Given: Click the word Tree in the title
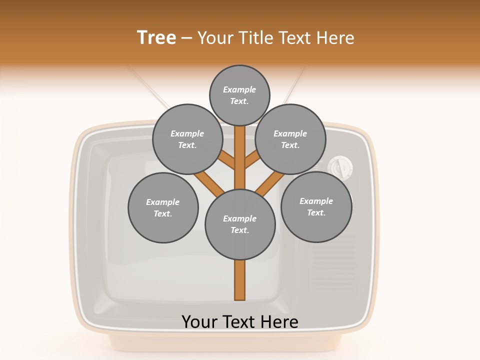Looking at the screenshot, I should coord(156,37).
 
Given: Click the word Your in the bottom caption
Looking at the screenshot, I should coord(200,321).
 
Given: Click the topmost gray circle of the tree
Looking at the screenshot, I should coord(239,95).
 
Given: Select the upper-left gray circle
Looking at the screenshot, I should coord(187,139).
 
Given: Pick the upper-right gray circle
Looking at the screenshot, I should coord(290,139).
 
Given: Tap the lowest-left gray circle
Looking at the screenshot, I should coord(163,207).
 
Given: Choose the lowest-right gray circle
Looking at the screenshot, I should coord(316,206).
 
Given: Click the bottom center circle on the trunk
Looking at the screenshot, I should coord(240,224).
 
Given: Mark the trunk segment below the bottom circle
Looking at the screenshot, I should coord(240,280).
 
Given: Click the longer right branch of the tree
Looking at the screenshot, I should coord(270,183).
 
